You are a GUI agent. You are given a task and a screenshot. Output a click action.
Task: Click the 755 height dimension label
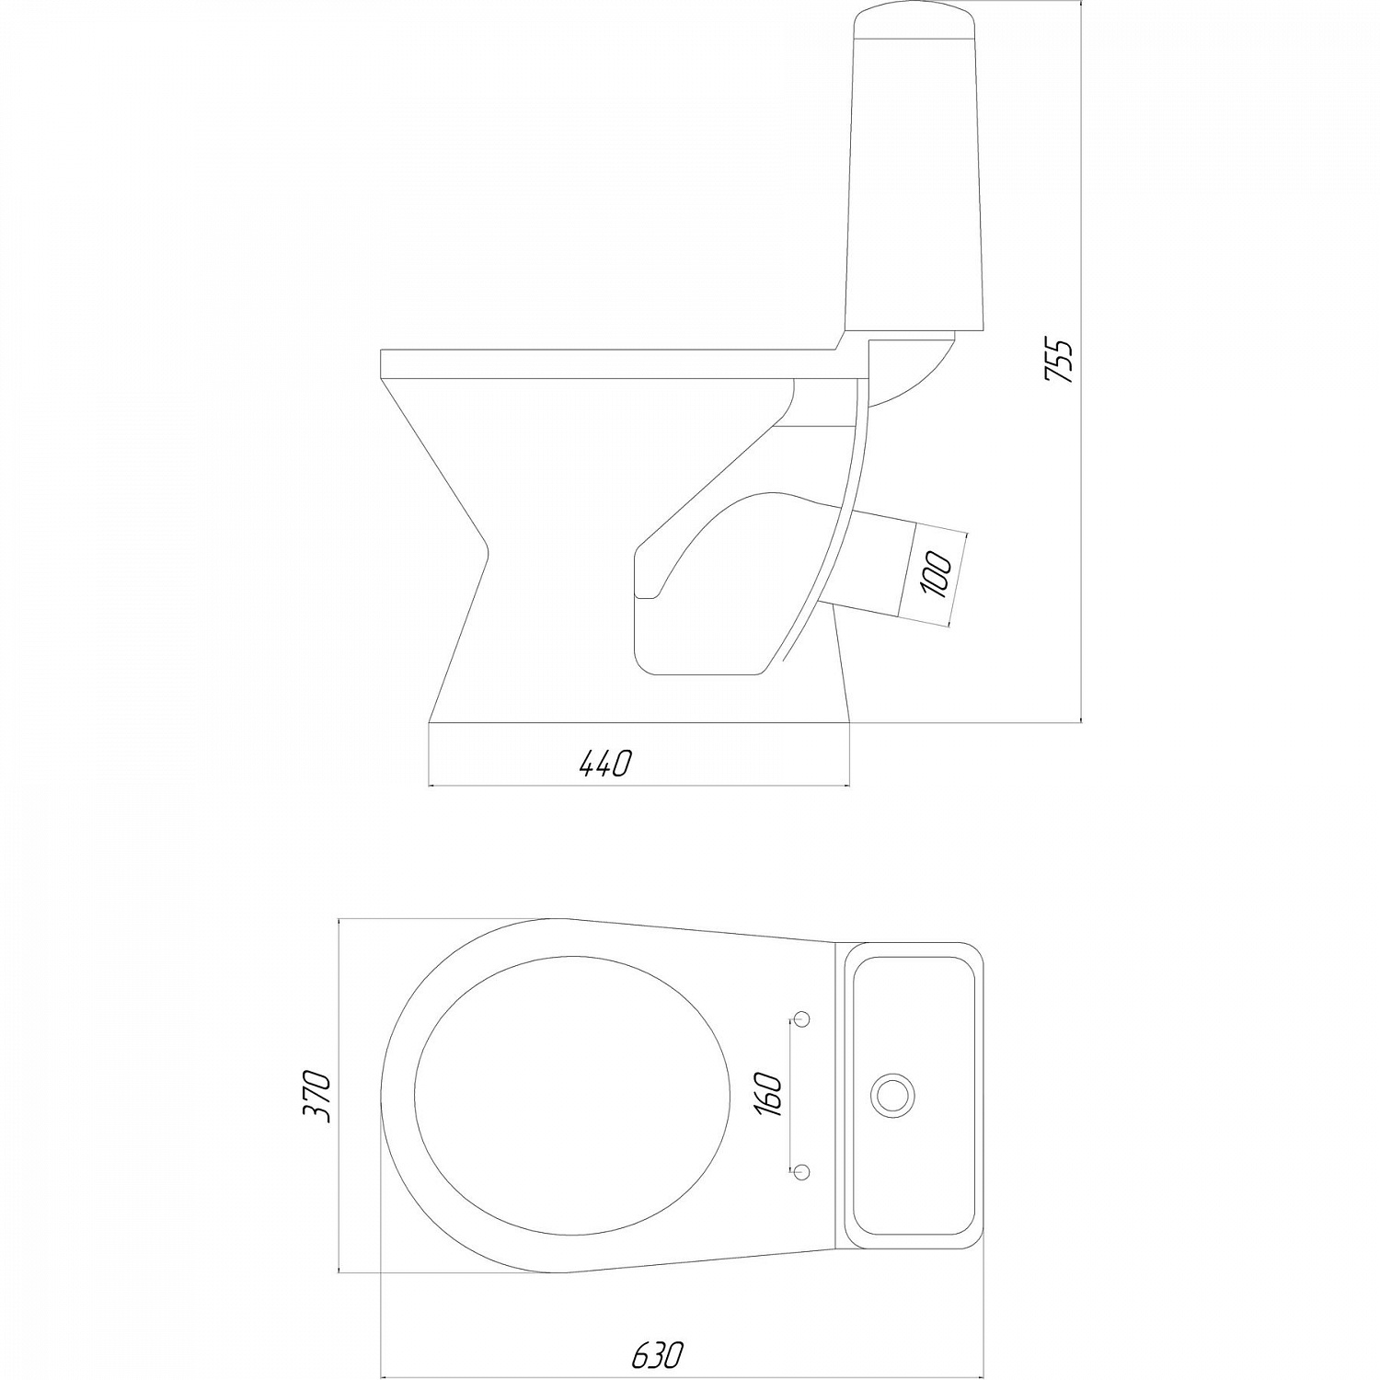pos(1061,362)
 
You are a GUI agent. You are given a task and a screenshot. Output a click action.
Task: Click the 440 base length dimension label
pos(604,763)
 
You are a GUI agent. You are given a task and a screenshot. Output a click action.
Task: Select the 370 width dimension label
pos(316,1095)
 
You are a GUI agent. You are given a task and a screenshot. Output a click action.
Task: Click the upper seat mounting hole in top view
pos(802,1018)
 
